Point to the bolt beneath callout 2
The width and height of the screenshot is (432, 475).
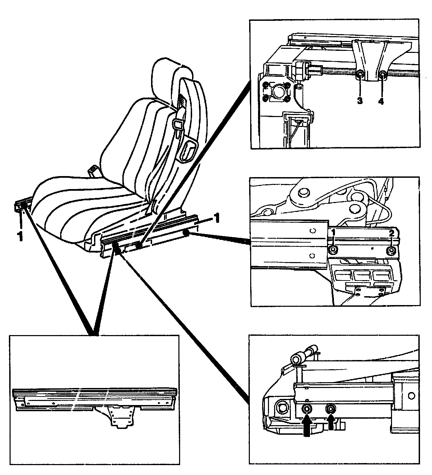(x=391, y=251)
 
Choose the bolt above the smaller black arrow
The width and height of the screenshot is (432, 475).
(x=330, y=408)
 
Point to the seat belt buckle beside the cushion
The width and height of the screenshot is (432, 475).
(x=93, y=171)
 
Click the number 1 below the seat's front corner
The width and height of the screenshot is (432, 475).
(x=21, y=235)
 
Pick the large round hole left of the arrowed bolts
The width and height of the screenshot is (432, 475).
(x=283, y=407)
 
